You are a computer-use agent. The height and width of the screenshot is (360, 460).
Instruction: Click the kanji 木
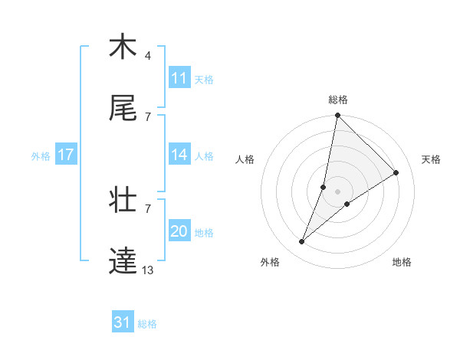[123, 47]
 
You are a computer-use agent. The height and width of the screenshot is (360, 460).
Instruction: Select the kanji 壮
[123, 200]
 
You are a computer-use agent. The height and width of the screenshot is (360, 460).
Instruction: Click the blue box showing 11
[179, 78]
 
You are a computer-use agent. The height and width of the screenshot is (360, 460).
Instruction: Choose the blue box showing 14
[179, 155]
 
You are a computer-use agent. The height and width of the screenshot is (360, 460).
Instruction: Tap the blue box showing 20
[179, 231]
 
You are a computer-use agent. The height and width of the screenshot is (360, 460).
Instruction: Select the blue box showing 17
[66, 155]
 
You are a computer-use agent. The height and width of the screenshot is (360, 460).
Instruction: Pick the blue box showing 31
[123, 323]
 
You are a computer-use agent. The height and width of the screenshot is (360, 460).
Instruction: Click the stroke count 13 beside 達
[148, 270]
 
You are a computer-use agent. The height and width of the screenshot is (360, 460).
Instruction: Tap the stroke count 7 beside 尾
[148, 116]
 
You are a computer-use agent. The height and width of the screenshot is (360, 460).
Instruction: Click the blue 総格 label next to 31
[147, 324]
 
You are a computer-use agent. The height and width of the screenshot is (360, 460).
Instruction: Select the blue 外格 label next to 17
[41, 155]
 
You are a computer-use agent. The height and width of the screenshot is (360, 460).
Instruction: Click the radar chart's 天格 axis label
[431, 159]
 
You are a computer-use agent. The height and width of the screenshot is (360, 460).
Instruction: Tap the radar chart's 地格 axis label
[402, 262]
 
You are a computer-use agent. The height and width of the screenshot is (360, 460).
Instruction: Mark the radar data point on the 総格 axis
[337, 115]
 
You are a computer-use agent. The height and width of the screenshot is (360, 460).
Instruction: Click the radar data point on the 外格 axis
[302, 242]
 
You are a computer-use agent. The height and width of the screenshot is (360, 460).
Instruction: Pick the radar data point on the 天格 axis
[396, 172]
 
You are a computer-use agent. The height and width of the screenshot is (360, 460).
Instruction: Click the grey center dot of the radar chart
[337, 191]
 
